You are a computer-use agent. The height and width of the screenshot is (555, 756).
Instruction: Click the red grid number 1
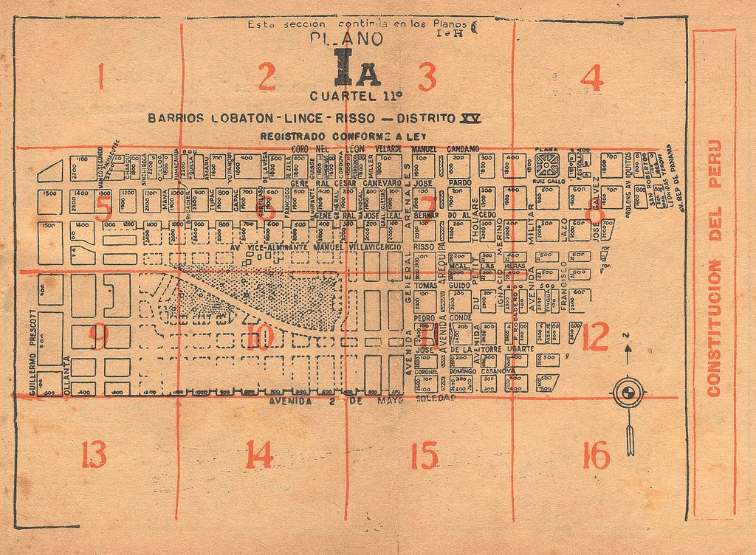(100, 76)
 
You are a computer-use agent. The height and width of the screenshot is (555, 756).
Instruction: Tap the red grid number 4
(592, 78)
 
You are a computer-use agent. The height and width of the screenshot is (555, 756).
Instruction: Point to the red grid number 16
(595, 455)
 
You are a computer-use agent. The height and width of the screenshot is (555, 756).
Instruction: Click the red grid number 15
(425, 455)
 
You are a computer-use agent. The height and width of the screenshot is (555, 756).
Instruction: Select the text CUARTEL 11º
(356, 95)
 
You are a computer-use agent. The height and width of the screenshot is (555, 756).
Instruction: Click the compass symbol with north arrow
(628, 393)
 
